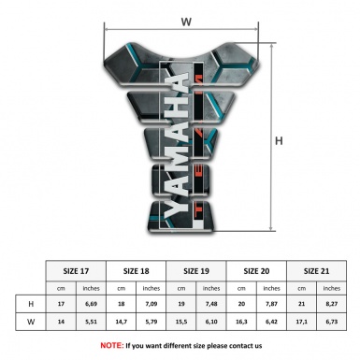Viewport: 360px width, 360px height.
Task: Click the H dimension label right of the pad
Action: [x=279, y=141]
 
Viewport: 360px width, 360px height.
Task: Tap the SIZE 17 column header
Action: [x=77, y=268]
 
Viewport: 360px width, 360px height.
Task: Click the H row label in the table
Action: [x=31, y=305]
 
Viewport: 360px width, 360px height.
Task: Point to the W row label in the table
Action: [x=31, y=323]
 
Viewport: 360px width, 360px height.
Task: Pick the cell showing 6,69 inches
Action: [x=92, y=305]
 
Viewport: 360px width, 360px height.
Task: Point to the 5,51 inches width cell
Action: [x=92, y=323]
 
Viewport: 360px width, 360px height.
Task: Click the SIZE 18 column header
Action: [x=137, y=268]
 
